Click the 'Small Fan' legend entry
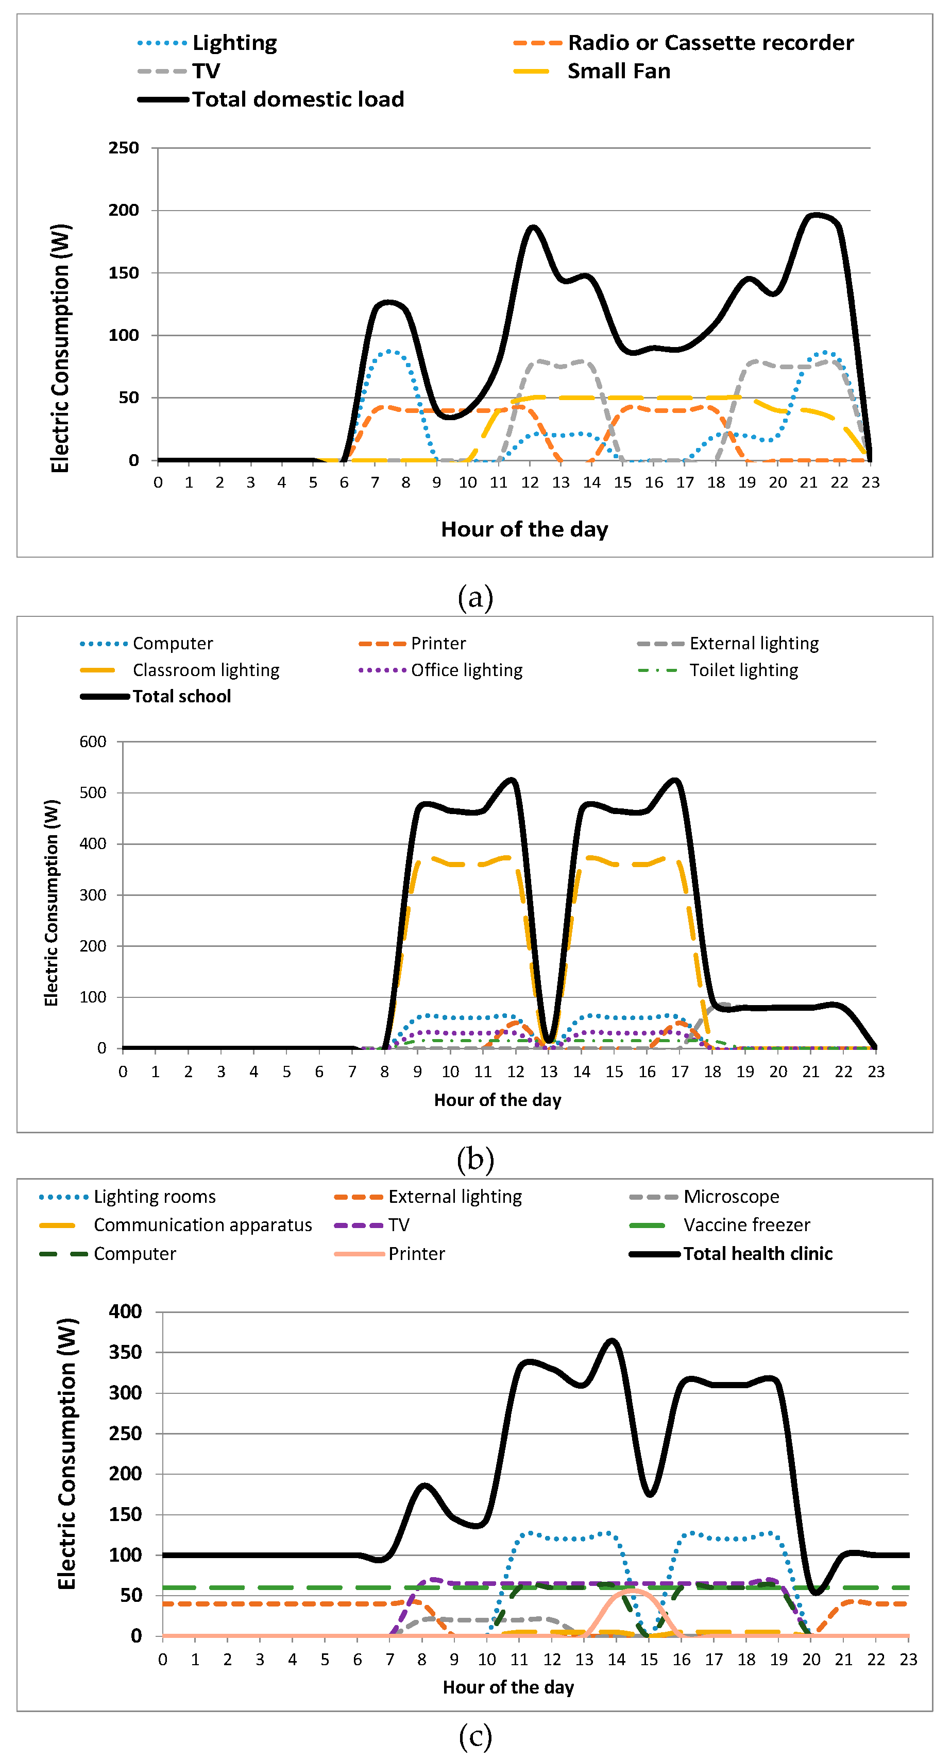tap(619, 71)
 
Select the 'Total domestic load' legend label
tap(298, 100)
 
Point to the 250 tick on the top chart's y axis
tap(124, 148)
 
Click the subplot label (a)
tap(475, 597)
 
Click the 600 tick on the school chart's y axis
tap(93, 741)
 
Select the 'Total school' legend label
tap(182, 696)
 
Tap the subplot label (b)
tap(475, 1160)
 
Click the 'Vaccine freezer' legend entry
tap(746, 1225)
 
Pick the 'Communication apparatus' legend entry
tap(202, 1225)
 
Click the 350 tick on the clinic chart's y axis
tap(125, 1352)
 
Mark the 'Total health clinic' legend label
tap(758, 1254)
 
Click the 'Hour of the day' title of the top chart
tap(525, 529)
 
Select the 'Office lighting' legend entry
tap(467, 670)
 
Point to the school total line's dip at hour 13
tap(549, 1041)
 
